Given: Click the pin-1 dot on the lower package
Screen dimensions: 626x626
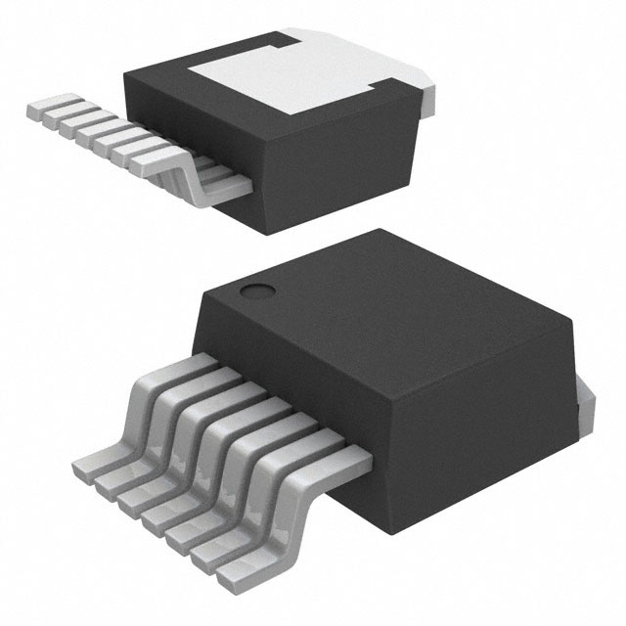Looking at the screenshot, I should click(x=256, y=291).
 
